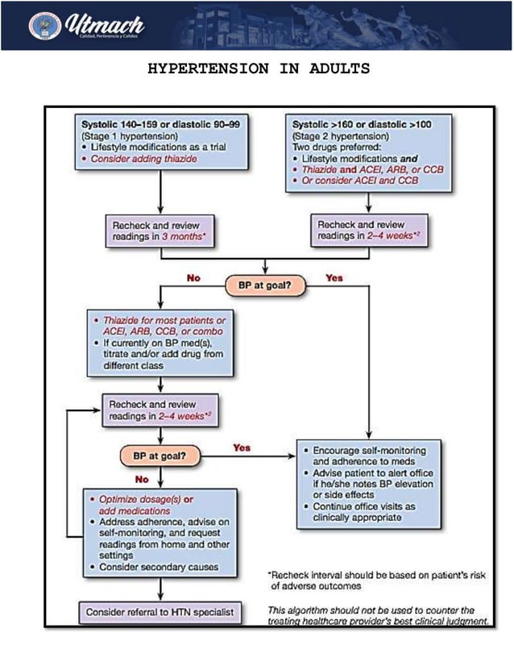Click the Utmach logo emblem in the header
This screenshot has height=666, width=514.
[x=44, y=26]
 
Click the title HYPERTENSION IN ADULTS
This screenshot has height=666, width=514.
[x=258, y=69]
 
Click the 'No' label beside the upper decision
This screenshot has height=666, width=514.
[x=193, y=277]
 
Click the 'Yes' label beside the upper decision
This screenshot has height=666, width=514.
[x=334, y=278]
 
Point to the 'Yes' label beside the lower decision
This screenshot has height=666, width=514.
[x=242, y=447]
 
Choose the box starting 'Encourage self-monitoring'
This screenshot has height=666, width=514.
[x=368, y=483]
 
